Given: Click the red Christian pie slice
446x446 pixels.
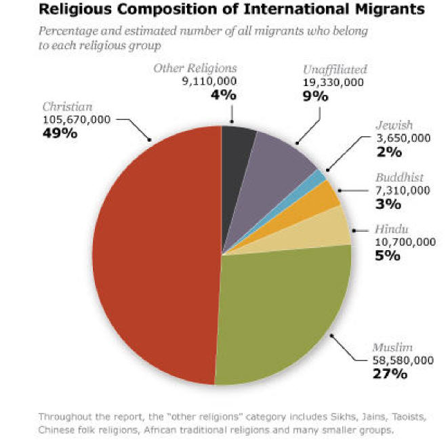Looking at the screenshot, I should (x=156, y=258).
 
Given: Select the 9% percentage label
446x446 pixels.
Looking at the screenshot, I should (x=315, y=96).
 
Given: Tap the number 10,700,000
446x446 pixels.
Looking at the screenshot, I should (x=403, y=242).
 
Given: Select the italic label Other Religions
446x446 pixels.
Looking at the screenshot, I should (x=195, y=68).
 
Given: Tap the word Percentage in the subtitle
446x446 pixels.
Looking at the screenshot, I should (x=66, y=31).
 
